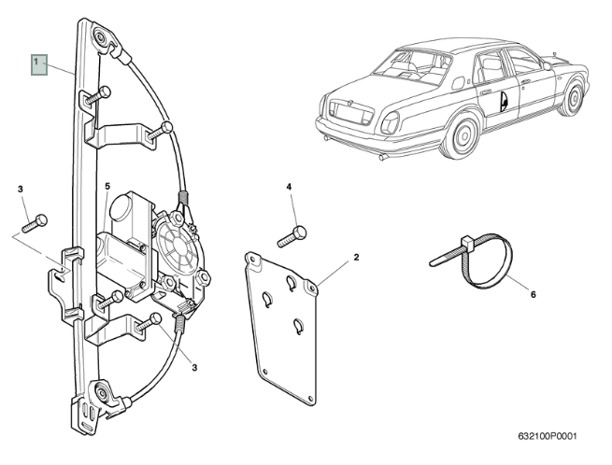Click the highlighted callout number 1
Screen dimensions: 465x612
point(38,63)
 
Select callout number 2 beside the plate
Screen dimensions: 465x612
point(356,257)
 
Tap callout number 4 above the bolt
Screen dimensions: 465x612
point(289,187)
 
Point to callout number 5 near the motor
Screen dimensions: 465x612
point(107,187)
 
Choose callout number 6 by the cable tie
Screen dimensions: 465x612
point(534,295)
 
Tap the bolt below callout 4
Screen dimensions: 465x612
point(292,236)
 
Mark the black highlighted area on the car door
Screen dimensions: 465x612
point(505,100)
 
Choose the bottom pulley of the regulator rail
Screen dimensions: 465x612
point(99,392)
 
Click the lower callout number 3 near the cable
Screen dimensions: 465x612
point(194,368)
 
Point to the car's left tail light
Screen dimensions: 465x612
point(391,120)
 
